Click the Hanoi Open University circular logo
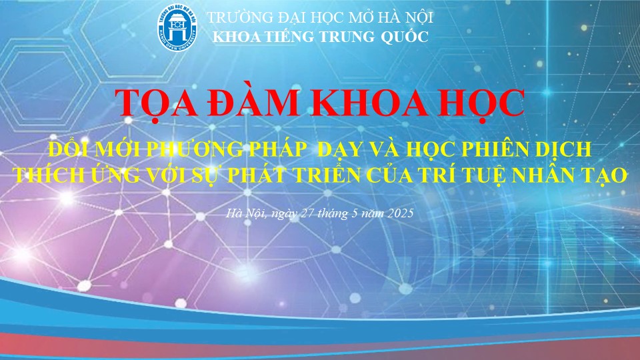[x=177, y=27]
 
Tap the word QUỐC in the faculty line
[x=405, y=36]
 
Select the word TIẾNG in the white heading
[x=288, y=37]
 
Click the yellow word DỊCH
[x=561, y=150]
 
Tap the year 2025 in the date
[x=401, y=213]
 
